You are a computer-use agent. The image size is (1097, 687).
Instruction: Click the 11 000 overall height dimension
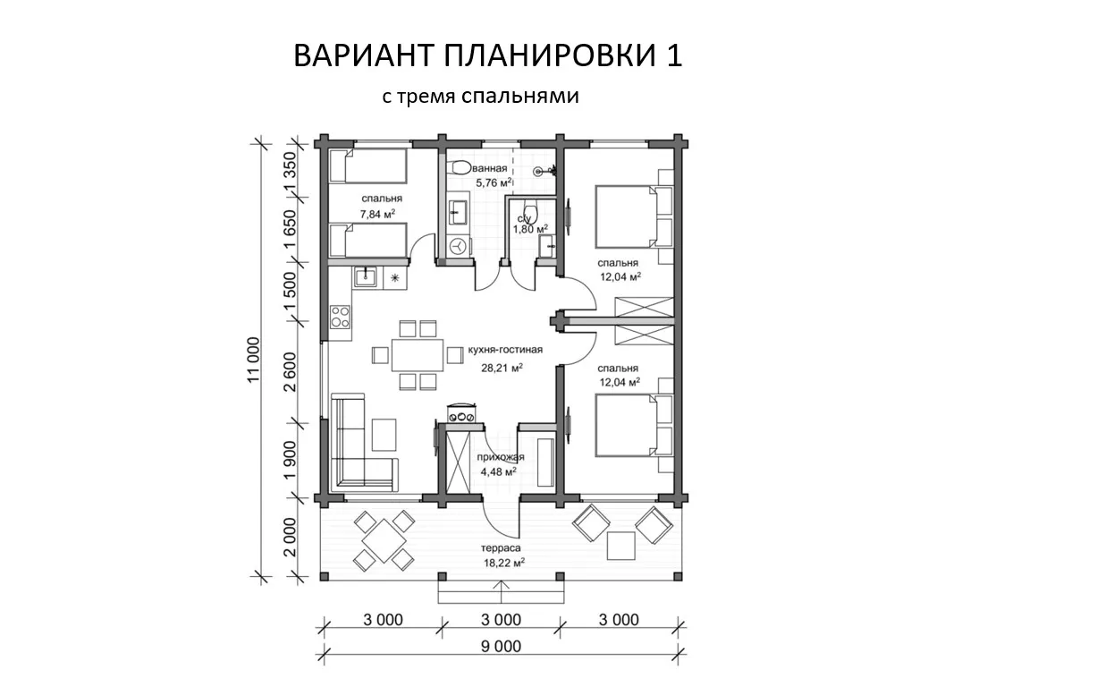[253, 360]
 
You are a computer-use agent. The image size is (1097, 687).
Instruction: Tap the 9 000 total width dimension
[501, 647]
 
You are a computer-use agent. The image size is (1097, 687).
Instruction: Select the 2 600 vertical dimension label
[290, 372]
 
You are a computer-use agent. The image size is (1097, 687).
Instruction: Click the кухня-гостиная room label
[505, 350]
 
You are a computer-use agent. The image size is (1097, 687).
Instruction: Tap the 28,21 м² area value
[502, 368]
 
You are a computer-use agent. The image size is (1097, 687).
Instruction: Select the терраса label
[501, 547]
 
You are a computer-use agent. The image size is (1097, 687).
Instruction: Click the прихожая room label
[501, 457]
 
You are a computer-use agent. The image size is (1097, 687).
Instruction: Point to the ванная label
[490, 168]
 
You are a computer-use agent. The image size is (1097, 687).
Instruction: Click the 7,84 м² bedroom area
[377, 214]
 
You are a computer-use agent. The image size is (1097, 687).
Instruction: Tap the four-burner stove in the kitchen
[340, 317]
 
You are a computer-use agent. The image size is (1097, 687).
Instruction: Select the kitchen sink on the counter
[365, 277]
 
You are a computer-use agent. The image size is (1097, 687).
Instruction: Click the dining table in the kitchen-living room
[418, 355]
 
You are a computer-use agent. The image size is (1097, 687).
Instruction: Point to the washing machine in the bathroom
[459, 246]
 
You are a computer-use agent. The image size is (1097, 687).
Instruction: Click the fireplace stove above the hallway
[461, 412]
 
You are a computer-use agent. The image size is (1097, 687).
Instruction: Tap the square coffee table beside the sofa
[384, 435]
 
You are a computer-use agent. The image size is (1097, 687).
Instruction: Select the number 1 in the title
[674, 55]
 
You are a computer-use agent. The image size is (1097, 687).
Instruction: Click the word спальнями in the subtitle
[520, 97]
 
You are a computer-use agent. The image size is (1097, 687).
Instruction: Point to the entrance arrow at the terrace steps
[502, 592]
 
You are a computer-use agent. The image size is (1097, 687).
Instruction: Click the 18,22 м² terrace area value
[504, 563]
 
